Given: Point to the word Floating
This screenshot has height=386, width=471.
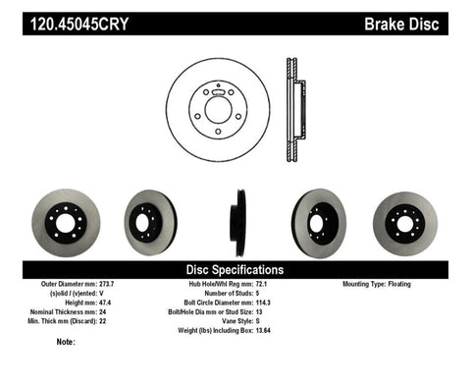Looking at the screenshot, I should point(410,284).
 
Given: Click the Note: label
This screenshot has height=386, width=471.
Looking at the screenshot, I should point(67,342).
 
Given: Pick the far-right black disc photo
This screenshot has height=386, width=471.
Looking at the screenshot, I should point(405,219).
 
